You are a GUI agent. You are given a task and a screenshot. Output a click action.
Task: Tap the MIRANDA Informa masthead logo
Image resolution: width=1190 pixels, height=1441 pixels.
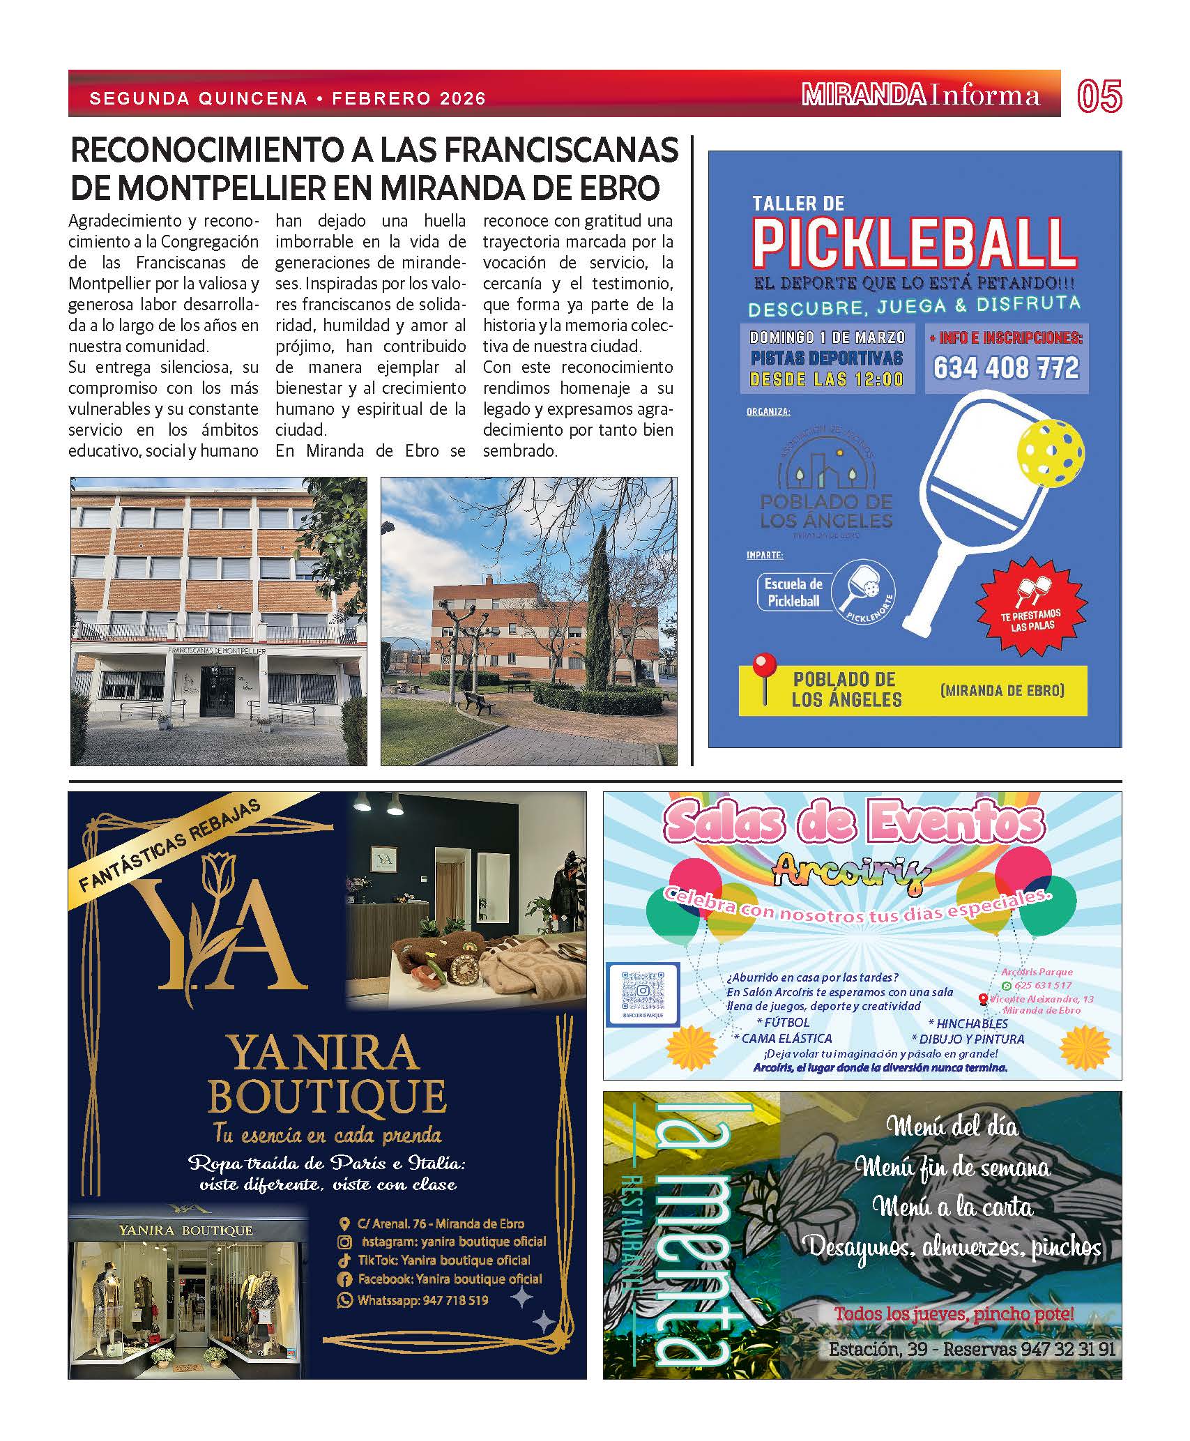pos(920,95)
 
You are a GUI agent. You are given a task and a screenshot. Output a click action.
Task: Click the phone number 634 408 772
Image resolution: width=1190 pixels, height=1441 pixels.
pos(1006,367)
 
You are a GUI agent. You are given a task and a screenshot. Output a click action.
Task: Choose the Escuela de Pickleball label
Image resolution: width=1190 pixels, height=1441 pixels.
pos(793,593)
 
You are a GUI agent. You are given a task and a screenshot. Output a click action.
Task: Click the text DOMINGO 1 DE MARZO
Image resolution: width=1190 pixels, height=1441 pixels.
pos(827,337)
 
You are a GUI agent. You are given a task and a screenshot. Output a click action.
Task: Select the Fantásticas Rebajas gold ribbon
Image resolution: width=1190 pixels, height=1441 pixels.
pos(170,845)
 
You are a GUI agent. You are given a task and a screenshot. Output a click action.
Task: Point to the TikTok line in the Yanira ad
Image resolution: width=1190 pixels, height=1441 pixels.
pos(443,1260)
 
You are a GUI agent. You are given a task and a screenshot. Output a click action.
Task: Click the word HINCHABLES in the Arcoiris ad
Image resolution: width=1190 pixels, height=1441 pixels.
pos(972,1023)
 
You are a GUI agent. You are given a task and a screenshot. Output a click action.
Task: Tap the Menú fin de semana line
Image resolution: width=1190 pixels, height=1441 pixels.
pos(952,1167)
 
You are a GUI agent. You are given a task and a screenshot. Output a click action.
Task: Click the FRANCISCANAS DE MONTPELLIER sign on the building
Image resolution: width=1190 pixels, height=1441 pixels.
pos(217,650)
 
